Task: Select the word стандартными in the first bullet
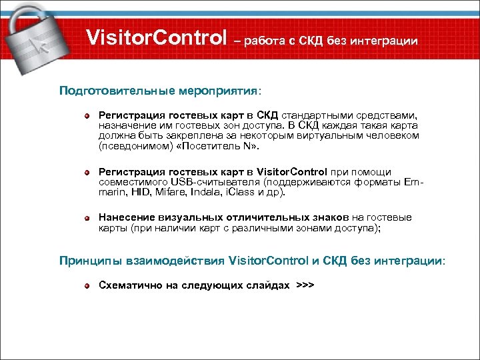pyautogui.click(x=323, y=116)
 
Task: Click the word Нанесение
pyautogui.click(x=127, y=217)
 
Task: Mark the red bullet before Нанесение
pyautogui.click(x=87, y=218)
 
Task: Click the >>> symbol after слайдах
pyautogui.click(x=305, y=285)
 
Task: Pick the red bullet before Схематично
pyautogui.click(x=87, y=286)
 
